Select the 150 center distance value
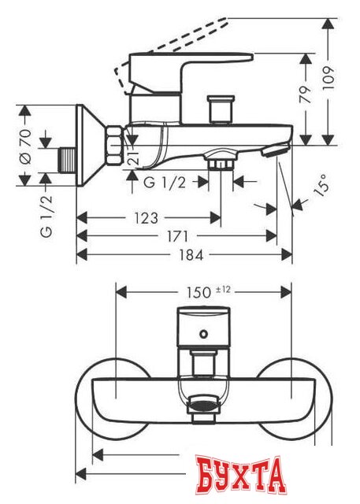[x=197, y=291]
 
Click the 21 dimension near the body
[x=134, y=156]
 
